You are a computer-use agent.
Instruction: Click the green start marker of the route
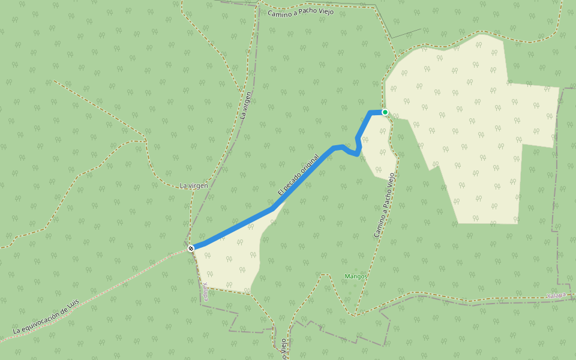point(385,112)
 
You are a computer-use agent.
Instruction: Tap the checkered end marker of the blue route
point(191,248)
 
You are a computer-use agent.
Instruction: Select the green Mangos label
point(356,277)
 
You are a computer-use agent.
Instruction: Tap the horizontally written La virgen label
point(194,186)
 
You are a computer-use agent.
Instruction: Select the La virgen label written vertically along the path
point(246,105)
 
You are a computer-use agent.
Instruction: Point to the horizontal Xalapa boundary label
point(556,296)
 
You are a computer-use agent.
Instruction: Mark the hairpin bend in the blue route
point(358,153)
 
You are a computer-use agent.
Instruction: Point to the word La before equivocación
point(17,330)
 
